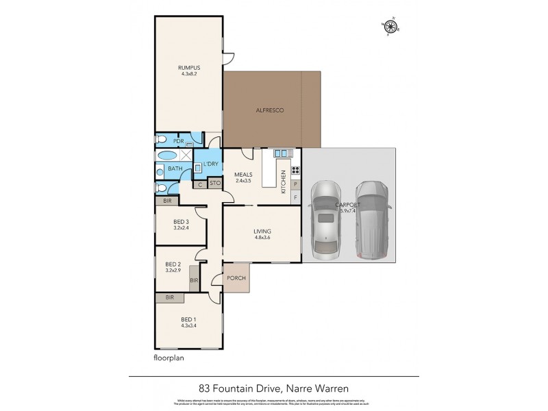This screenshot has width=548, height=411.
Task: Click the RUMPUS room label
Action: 188,67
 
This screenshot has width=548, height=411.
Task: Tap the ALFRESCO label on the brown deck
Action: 270,110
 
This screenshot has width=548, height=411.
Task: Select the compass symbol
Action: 391,27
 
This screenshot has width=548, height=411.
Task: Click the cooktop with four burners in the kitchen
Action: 296,171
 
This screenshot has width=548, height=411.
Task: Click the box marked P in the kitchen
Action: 295,184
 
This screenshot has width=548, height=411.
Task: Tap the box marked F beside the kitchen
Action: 295,197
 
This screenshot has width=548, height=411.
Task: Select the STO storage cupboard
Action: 214,184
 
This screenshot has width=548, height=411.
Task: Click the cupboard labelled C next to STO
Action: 200,184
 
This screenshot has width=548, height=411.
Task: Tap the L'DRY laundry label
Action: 210,164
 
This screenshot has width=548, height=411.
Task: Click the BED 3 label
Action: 182,221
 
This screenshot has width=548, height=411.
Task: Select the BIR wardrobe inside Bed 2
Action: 194,281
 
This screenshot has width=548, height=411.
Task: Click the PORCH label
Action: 236,278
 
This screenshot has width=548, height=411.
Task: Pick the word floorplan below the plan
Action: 170,357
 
